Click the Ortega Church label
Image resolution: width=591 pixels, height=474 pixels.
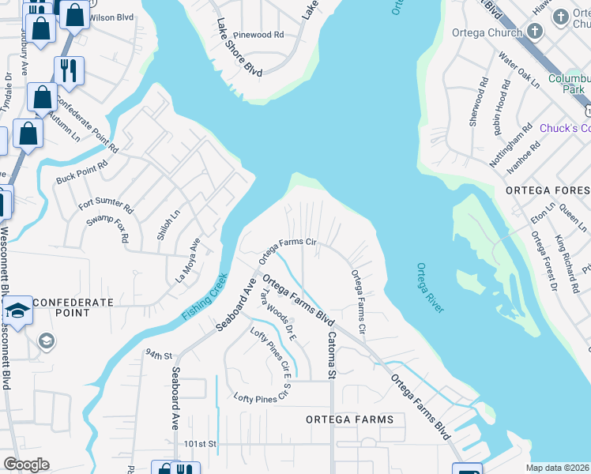[487, 32]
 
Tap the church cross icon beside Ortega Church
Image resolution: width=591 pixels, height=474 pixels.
[535, 32]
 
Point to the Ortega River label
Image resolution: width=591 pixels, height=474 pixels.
[431, 288]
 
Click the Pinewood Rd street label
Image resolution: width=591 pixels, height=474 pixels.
[259, 36]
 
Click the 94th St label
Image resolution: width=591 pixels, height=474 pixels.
[159, 354]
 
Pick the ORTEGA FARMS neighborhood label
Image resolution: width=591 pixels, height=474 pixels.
[349, 419]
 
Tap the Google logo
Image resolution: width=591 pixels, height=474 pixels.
[26, 465]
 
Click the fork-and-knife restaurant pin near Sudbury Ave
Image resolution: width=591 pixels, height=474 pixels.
[70, 71]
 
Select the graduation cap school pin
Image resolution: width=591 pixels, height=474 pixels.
[18, 308]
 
